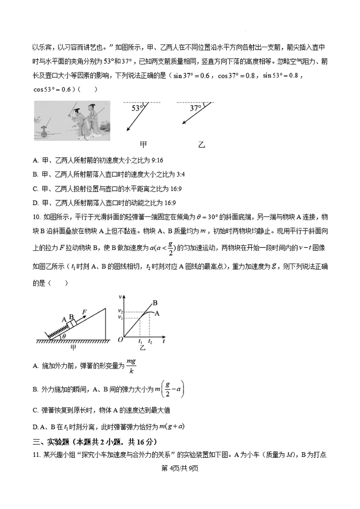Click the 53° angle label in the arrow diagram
point(137,108)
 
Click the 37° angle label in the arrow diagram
point(195,108)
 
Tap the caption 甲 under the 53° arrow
point(143,145)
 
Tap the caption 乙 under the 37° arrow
point(201,145)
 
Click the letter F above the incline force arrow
point(85,311)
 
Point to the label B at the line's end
point(155,303)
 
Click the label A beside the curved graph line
point(157,313)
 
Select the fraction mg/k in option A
point(131,365)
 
